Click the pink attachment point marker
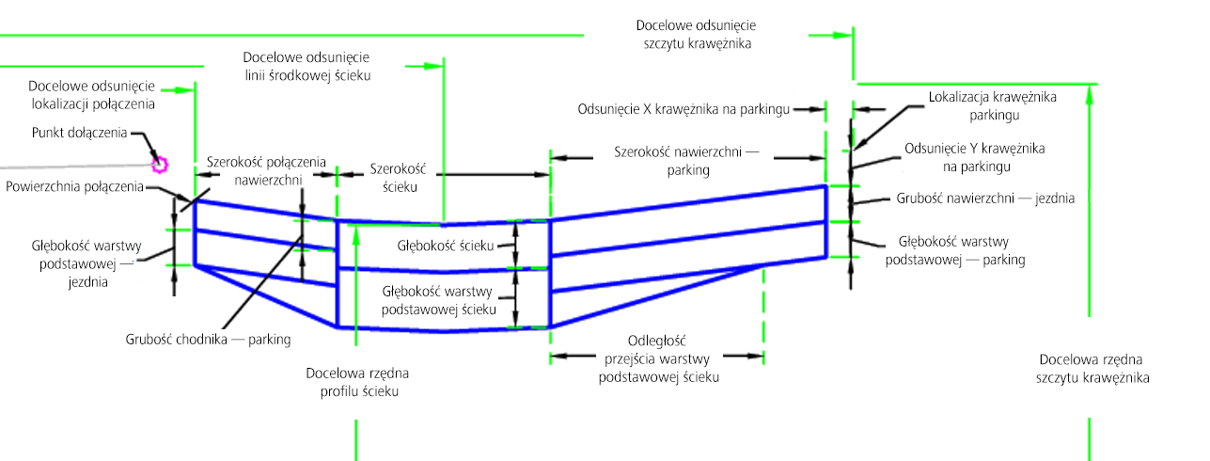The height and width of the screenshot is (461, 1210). point(159,166)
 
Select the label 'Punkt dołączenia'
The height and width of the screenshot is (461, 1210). point(79,133)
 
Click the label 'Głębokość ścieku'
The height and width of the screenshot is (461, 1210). point(445,246)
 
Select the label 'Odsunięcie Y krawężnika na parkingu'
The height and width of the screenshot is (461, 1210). point(974,157)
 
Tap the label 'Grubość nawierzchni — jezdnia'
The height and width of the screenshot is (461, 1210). point(985,199)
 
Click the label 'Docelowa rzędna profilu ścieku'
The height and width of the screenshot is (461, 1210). point(357,381)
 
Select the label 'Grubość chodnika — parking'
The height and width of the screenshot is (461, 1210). point(208,339)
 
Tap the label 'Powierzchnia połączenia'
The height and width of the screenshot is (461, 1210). point(74,186)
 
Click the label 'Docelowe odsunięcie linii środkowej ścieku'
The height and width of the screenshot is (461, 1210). point(306,66)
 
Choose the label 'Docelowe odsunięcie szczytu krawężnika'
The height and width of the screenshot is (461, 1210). point(696,34)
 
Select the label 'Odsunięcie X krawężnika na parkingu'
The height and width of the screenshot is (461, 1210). point(683,109)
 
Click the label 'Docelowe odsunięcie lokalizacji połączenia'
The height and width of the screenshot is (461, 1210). point(92,93)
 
